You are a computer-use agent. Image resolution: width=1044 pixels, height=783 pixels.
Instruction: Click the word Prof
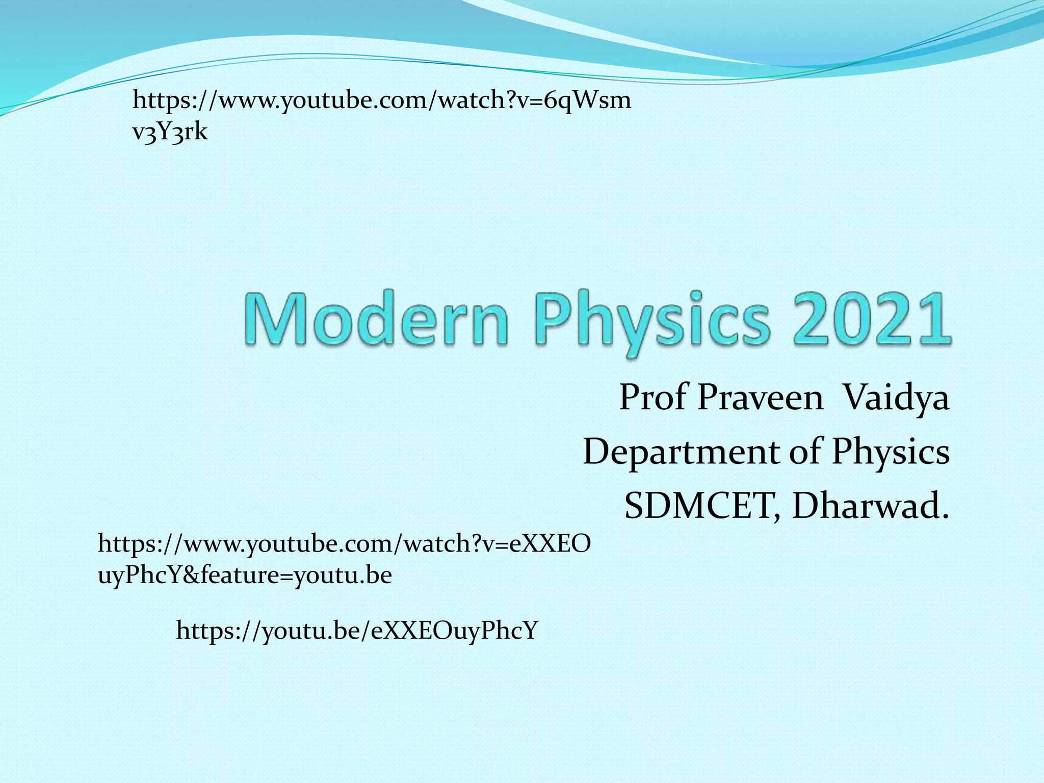(x=652, y=398)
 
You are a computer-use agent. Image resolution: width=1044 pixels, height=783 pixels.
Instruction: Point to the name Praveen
(x=760, y=398)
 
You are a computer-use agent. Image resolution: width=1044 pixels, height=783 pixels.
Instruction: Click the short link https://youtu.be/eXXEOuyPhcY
(x=357, y=631)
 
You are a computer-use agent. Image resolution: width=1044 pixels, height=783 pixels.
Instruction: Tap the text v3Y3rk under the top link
(x=170, y=132)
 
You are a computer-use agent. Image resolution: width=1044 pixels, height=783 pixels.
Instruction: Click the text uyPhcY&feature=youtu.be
(x=245, y=576)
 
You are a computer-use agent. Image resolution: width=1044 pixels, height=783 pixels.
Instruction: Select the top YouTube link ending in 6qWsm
(x=381, y=100)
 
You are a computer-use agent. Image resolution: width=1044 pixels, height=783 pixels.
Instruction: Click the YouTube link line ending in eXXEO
(x=344, y=544)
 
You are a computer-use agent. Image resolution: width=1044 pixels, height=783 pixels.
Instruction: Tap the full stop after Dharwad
(x=945, y=516)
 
